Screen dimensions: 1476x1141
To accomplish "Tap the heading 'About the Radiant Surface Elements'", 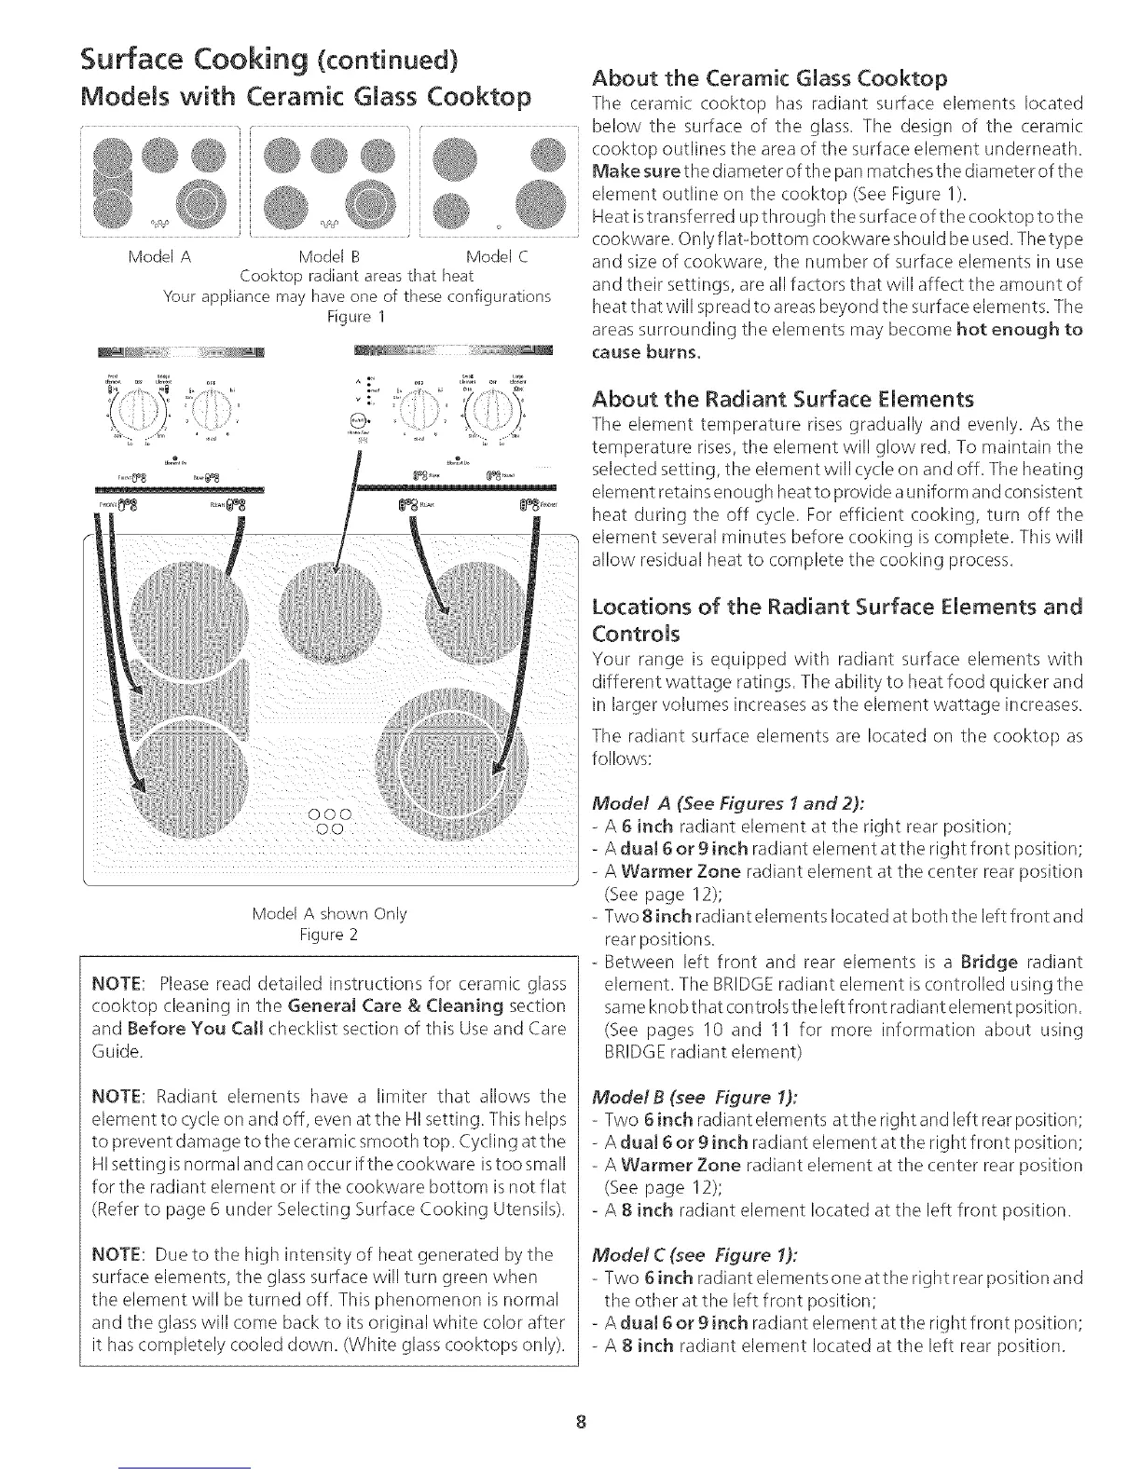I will point(783,400).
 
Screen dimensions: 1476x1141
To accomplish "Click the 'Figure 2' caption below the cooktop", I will point(329,935).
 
